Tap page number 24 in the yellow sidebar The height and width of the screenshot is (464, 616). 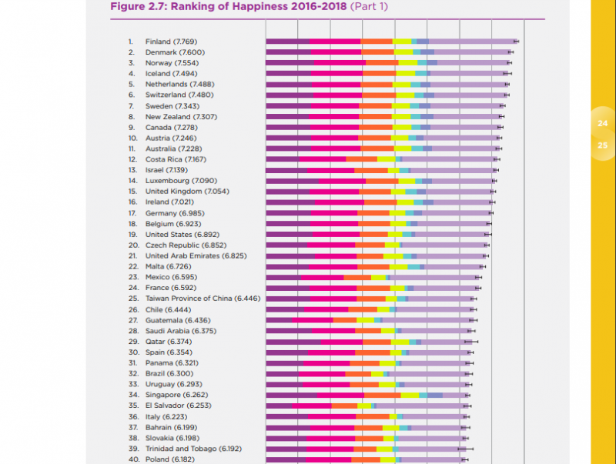point(602,123)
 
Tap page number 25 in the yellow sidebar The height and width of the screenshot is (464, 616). point(602,145)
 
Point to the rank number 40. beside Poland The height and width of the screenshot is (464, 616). point(132,459)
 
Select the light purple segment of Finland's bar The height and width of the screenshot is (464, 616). point(471,42)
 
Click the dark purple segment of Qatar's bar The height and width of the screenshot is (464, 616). point(293,342)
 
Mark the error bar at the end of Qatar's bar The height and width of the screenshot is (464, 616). point(470,342)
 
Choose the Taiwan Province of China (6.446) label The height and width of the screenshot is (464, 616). point(203,299)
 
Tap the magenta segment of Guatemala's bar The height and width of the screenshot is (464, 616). point(312,320)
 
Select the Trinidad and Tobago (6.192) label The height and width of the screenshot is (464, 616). point(193,449)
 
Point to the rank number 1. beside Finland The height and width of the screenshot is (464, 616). point(131,42)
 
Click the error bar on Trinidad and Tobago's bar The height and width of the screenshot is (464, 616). point(465,449)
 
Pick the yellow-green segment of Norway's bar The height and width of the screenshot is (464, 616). point(407,63)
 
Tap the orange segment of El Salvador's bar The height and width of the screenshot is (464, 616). point(344,406)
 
